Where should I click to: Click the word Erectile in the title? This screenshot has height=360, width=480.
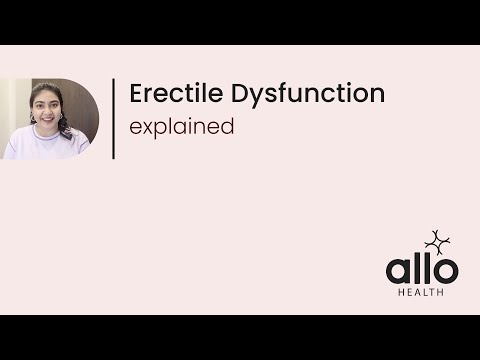[176, 93]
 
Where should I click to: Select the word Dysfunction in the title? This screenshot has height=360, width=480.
[308, 95]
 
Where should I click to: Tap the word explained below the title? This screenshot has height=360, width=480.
[182, 127]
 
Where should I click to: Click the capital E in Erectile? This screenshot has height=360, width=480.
[136, 93]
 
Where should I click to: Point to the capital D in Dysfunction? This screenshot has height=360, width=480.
[239, 93]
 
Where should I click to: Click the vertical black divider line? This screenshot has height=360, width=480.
[114, 119]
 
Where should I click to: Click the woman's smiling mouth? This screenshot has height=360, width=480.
[47, 119]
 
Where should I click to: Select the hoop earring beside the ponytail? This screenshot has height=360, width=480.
[61, 116]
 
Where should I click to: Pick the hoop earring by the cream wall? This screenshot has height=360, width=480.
[33, 118]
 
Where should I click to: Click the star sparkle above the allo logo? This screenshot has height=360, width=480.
[437, 243]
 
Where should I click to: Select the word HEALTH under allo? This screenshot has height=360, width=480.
[421, 292]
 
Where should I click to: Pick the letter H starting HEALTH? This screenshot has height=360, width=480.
[402, 292]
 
